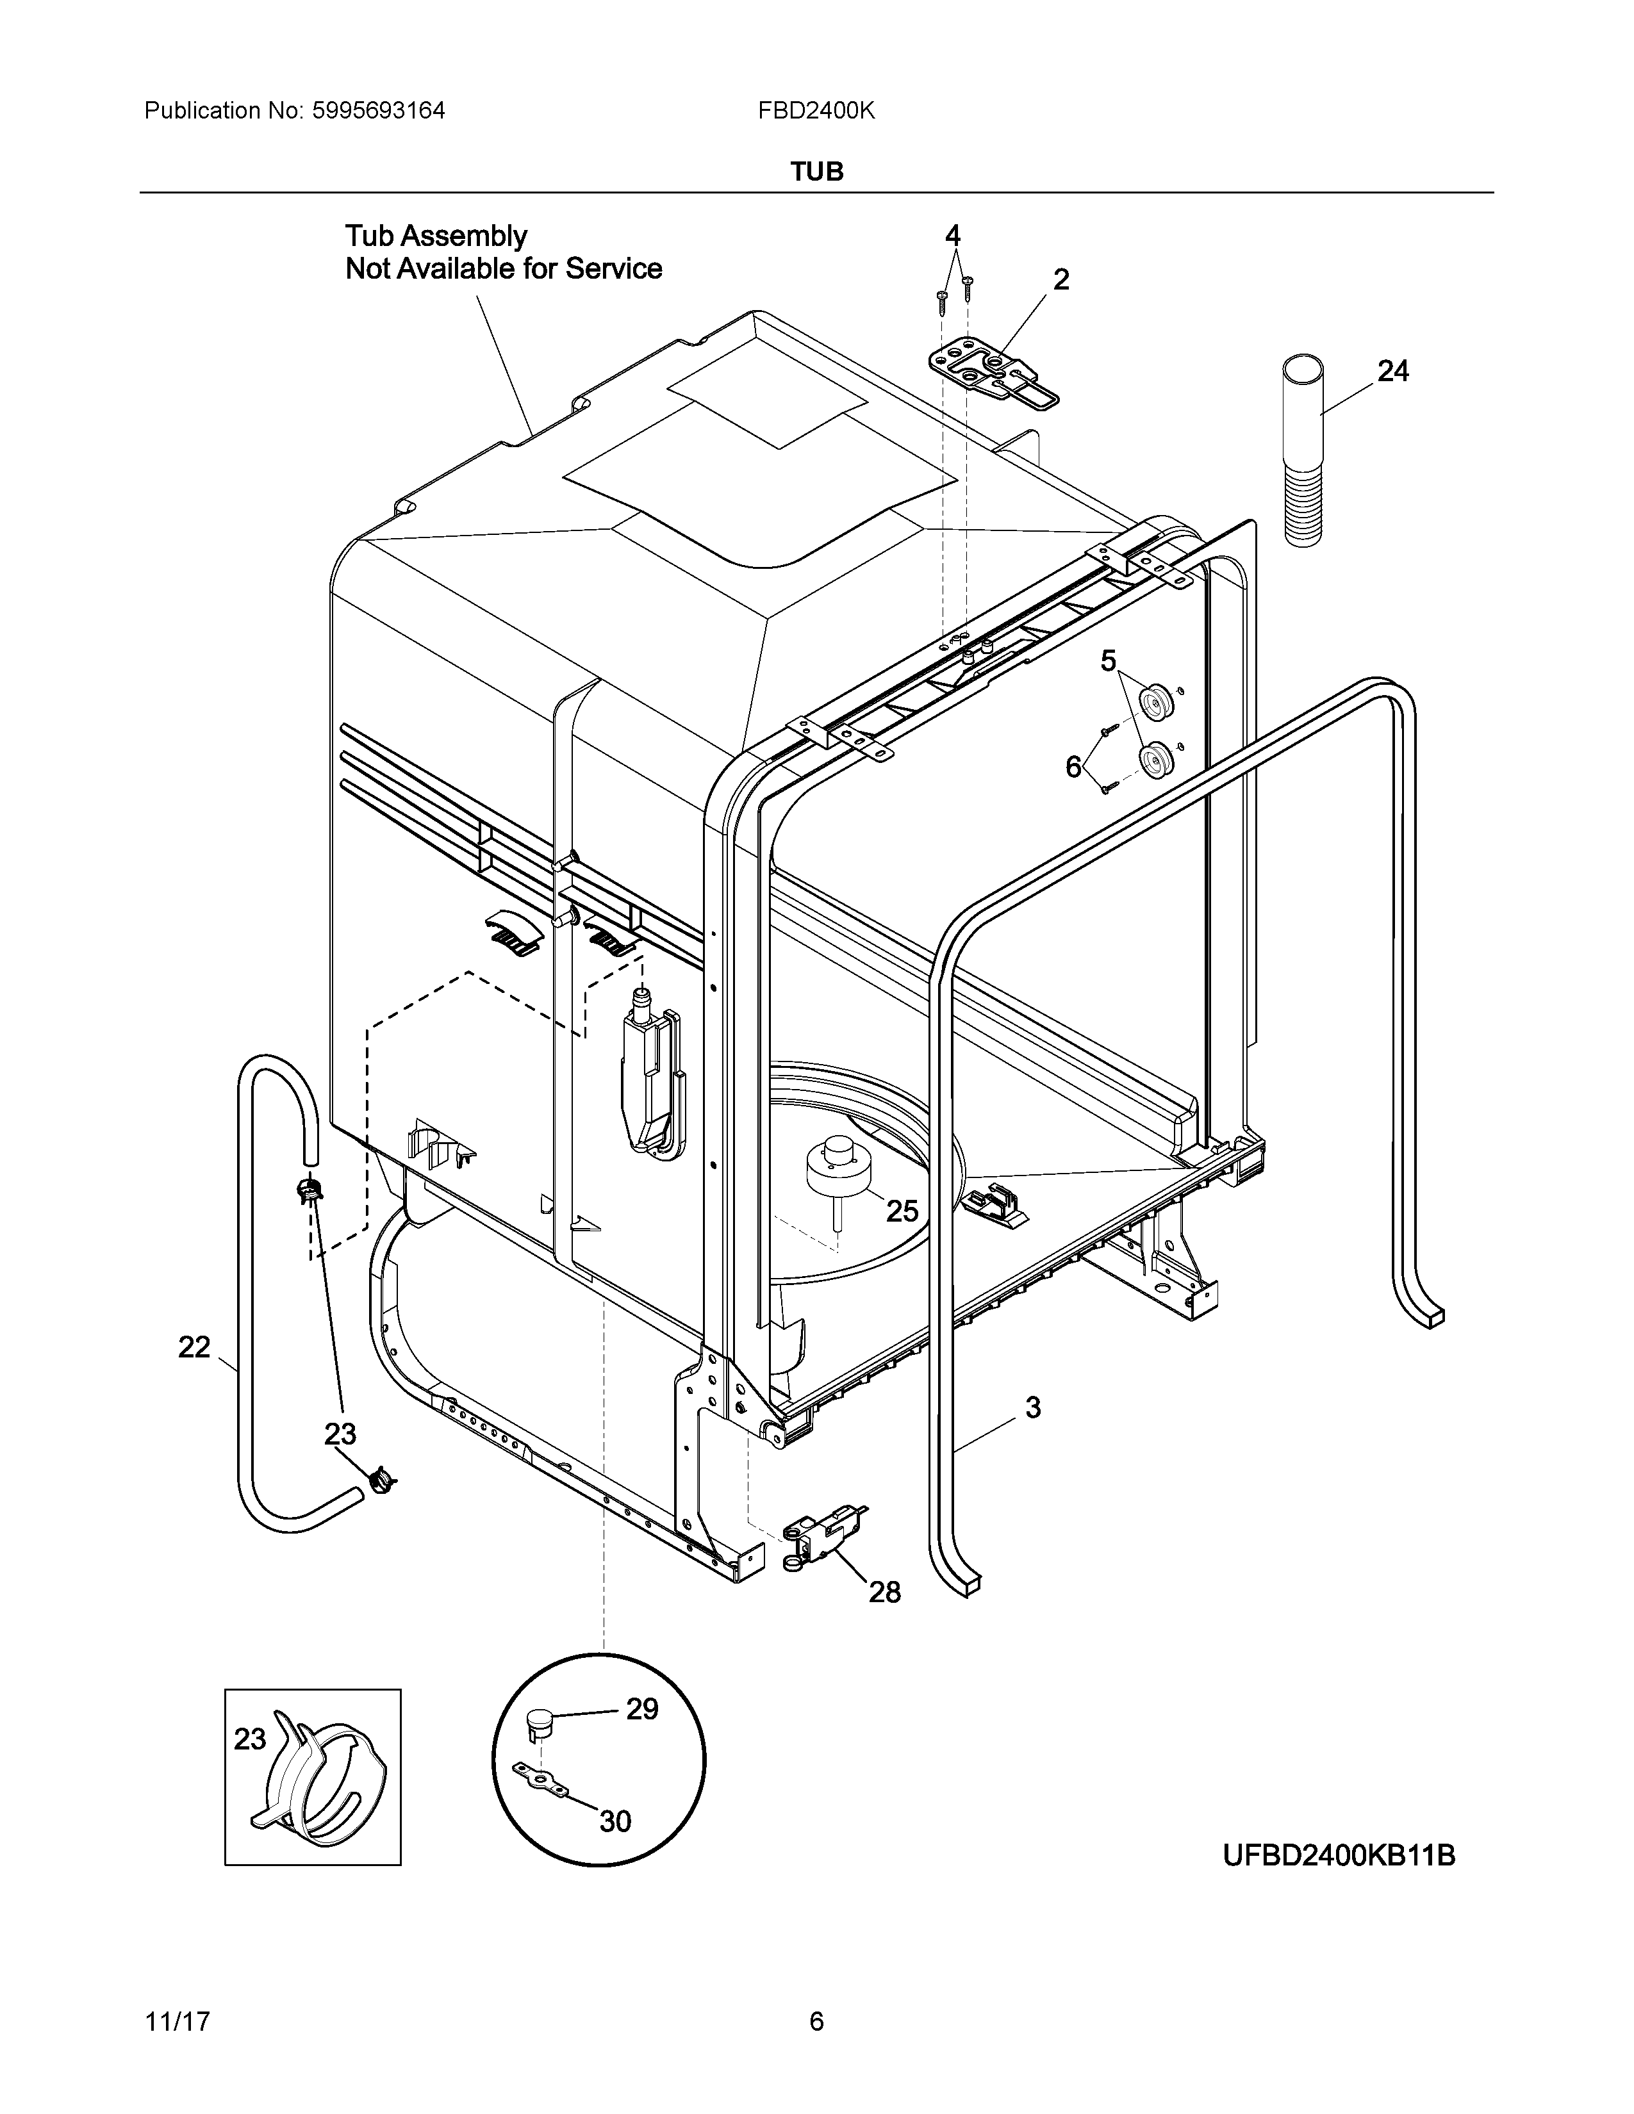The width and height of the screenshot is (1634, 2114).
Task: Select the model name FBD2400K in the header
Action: [x=816, y=111]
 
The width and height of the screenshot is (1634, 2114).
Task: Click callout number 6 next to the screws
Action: [x=1073, y=767]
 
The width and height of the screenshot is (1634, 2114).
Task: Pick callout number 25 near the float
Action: [x=902, y=1211]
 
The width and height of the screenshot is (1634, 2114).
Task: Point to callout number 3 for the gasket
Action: [x=1033, y=1407]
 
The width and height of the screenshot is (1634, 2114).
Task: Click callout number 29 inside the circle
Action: [x=642, y=1737]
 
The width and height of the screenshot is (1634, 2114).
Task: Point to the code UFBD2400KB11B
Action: [x=1339, y=1856]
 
